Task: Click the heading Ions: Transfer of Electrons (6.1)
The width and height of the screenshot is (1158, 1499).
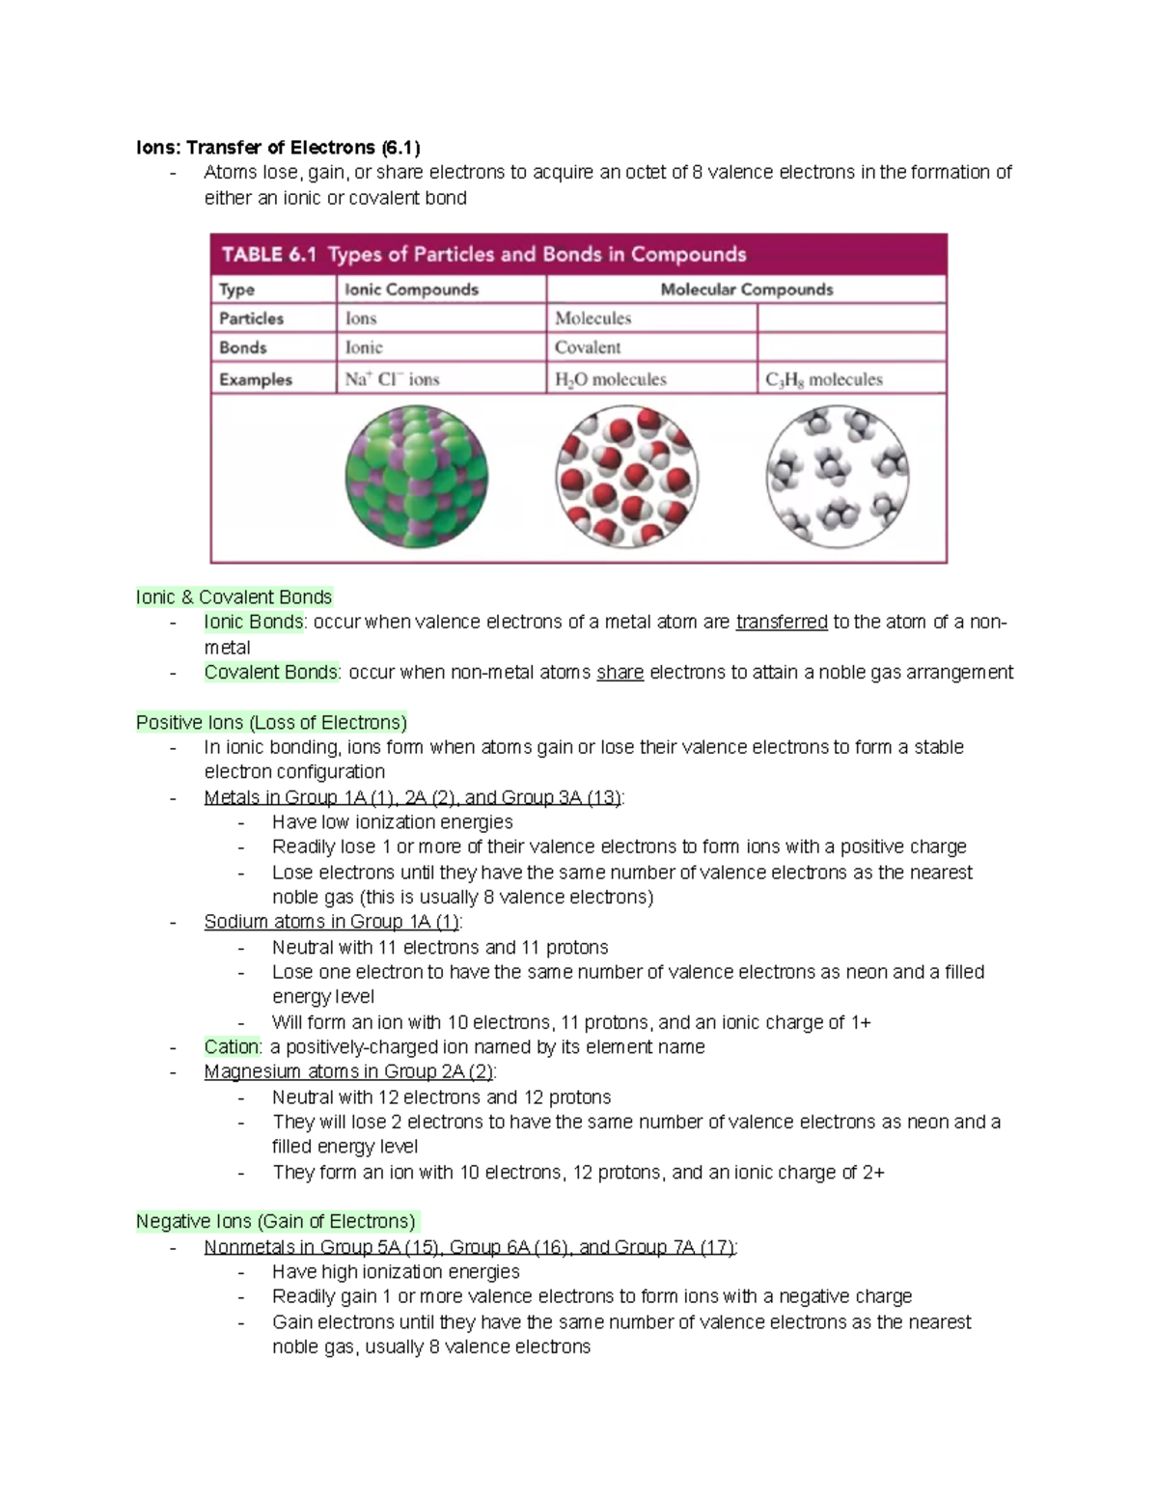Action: pos(278,148)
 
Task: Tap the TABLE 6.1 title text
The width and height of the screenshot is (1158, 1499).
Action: pos(483,255)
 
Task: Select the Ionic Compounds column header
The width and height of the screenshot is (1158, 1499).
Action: pos(411,290)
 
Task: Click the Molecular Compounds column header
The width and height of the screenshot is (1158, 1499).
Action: pos(746,290)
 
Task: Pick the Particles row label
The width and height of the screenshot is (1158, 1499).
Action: pos(251,319)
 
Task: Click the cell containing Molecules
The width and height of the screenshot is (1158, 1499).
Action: pos(593,319)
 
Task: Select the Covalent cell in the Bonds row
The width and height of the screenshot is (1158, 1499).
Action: pos(588,347)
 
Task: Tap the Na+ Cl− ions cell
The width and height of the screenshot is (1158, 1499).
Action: pos(392,379)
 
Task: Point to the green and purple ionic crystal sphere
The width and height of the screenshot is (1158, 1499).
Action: pos(416,477)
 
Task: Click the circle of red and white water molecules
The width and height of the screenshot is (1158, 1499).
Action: pos(626,477)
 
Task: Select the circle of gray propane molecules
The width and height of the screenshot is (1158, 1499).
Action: pos(837,477)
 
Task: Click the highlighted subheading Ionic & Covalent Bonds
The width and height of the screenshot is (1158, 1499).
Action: pos(234,597)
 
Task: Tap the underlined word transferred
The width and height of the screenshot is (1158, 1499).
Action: pos(781,623)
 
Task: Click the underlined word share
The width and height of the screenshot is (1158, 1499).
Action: pos(620,673)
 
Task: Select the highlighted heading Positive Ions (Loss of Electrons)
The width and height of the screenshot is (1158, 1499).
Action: pos(271,723)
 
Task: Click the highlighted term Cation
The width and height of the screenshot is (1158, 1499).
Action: pos(232,1047)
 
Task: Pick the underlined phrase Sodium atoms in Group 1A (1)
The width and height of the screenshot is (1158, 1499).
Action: pos(332,922)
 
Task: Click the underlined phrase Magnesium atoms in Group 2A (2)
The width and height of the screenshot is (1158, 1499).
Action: pos(348,1072)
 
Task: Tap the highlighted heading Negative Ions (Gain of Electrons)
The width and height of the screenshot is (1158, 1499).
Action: pos(276,1222)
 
